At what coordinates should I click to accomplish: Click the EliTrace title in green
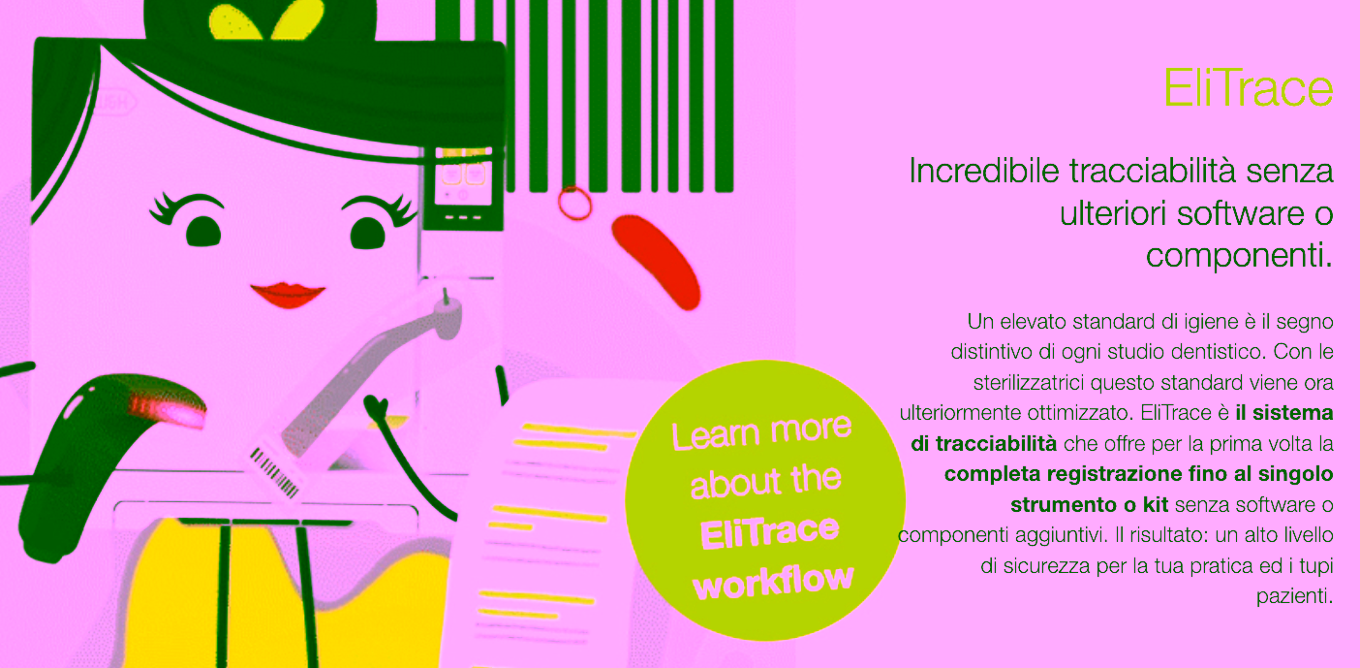(1249, 89)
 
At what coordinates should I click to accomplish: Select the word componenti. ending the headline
(1239, 255)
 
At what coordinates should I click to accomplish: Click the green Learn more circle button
(765, 500)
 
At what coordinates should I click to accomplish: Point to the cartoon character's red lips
(288, 294)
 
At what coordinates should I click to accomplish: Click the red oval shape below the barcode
(657, 262)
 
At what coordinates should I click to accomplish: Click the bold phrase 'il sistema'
(1284, 413)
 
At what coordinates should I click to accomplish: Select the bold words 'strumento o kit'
(1089, 504)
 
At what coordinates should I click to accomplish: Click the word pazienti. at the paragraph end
(1294, 596)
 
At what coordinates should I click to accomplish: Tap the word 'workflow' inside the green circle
(774, 581)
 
